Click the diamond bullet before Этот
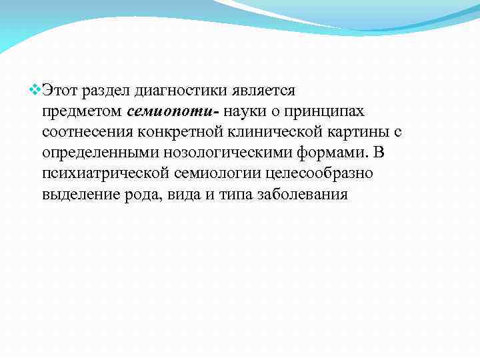click(35, 88)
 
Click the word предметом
click(81, 110)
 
